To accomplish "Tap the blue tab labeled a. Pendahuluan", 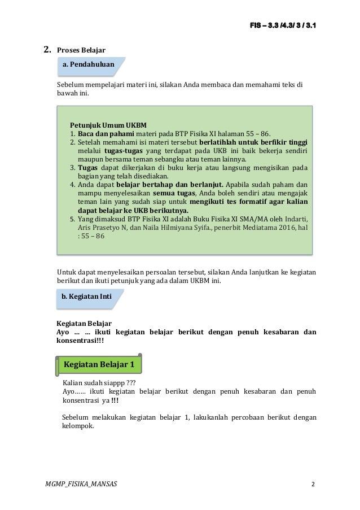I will tap(87, 66).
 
